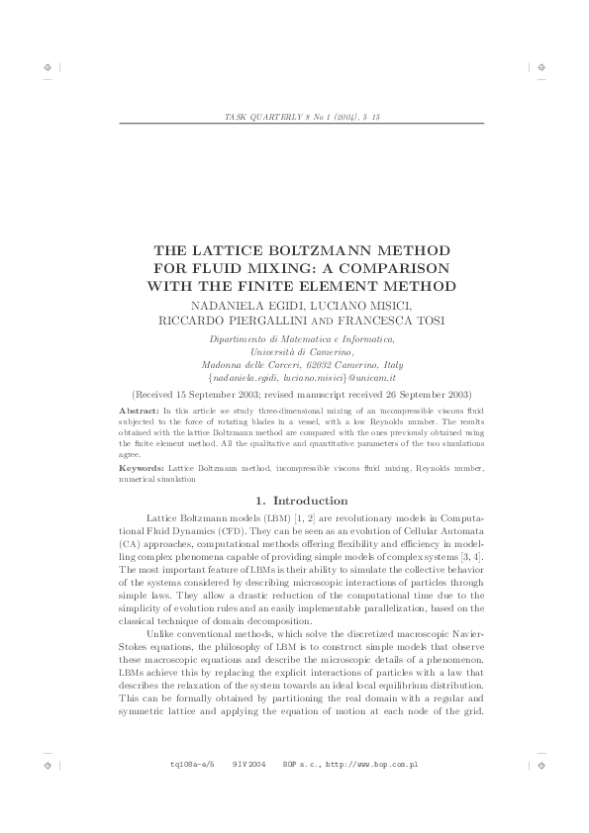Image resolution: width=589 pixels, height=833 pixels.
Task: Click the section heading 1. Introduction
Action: tap(295, 501)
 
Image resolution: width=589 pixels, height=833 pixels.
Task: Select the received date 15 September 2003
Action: tap(229, 394)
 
